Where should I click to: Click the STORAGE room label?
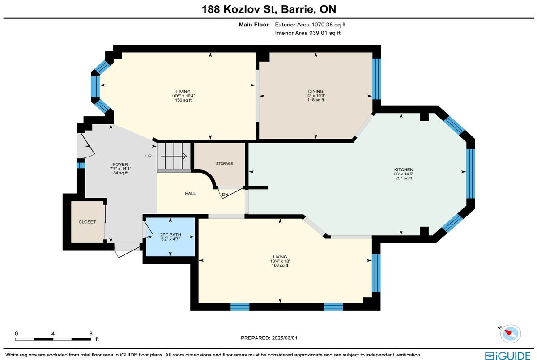224,163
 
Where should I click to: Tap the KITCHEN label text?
404,169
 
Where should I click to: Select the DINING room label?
316,91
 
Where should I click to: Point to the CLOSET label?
87,222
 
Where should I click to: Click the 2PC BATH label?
170,235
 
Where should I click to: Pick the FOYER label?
120,164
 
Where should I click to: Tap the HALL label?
190,193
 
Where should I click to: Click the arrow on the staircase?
174,156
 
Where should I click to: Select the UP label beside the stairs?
149,156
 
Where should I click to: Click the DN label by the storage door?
225,195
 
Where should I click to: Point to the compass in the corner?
511,334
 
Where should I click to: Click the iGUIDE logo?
508,356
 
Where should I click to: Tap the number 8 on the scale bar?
90,334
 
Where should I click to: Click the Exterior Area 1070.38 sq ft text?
310,25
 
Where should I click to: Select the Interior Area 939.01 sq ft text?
307,33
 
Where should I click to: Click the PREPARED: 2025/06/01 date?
269,338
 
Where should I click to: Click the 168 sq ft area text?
280,265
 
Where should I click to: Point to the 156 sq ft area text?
183,100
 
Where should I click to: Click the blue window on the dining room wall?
377,79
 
